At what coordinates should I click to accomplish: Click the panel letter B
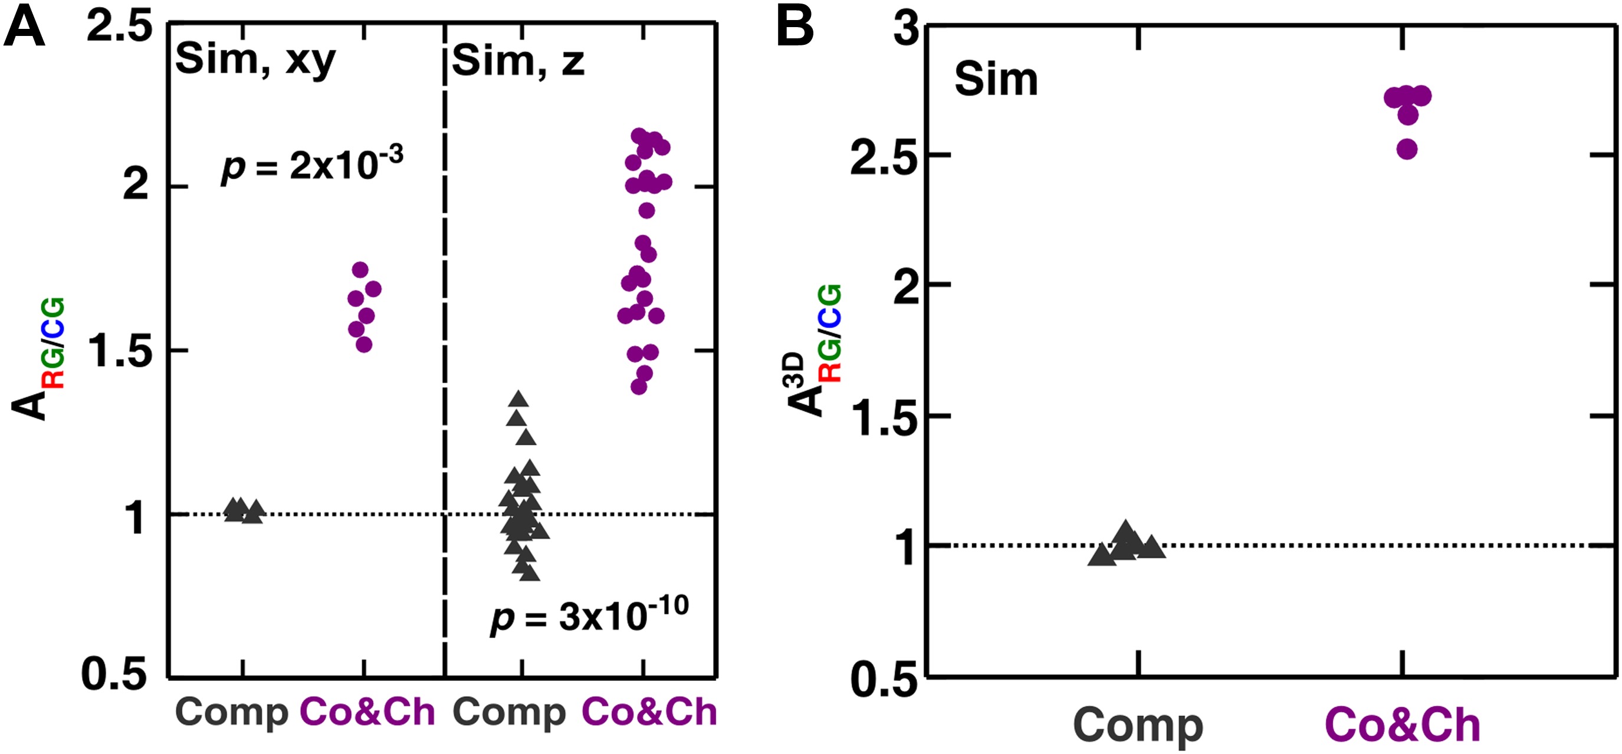(794, 29)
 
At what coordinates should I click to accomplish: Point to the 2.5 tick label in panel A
(120, 28)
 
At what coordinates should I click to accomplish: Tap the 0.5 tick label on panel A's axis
(114, 673)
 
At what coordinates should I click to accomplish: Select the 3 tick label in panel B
(907, 29)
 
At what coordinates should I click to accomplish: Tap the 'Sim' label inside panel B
(996, 81)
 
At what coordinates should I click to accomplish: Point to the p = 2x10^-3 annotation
(311, 165)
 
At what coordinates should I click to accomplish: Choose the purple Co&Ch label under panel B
(1403, 725)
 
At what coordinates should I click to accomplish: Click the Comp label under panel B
(1138, 725)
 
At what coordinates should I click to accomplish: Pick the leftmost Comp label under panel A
(231, 713)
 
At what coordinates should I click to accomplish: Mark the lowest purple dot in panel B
(1407, 150)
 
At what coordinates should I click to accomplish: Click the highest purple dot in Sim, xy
(360, 270)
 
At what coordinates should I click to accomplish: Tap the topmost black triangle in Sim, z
(519, 399)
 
